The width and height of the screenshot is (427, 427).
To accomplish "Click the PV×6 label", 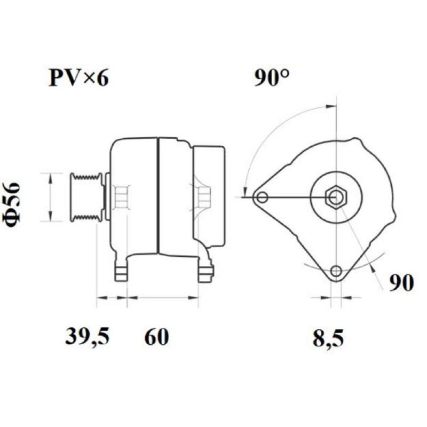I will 78,79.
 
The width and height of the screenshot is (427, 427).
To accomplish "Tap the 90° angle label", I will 272,79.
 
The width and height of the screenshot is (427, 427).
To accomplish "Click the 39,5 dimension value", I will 88,337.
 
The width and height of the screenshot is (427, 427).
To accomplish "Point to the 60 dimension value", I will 156,337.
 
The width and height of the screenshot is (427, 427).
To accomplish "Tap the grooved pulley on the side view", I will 86,197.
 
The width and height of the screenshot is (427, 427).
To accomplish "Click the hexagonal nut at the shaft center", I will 336,197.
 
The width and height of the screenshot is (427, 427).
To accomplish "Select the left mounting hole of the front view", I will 262,198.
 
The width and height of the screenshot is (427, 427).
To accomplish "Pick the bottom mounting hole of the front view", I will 336,271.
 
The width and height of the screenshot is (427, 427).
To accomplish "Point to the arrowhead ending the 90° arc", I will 245,191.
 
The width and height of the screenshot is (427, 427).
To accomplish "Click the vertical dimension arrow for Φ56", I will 50,197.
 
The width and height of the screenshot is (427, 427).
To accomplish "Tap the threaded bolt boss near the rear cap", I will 203,196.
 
